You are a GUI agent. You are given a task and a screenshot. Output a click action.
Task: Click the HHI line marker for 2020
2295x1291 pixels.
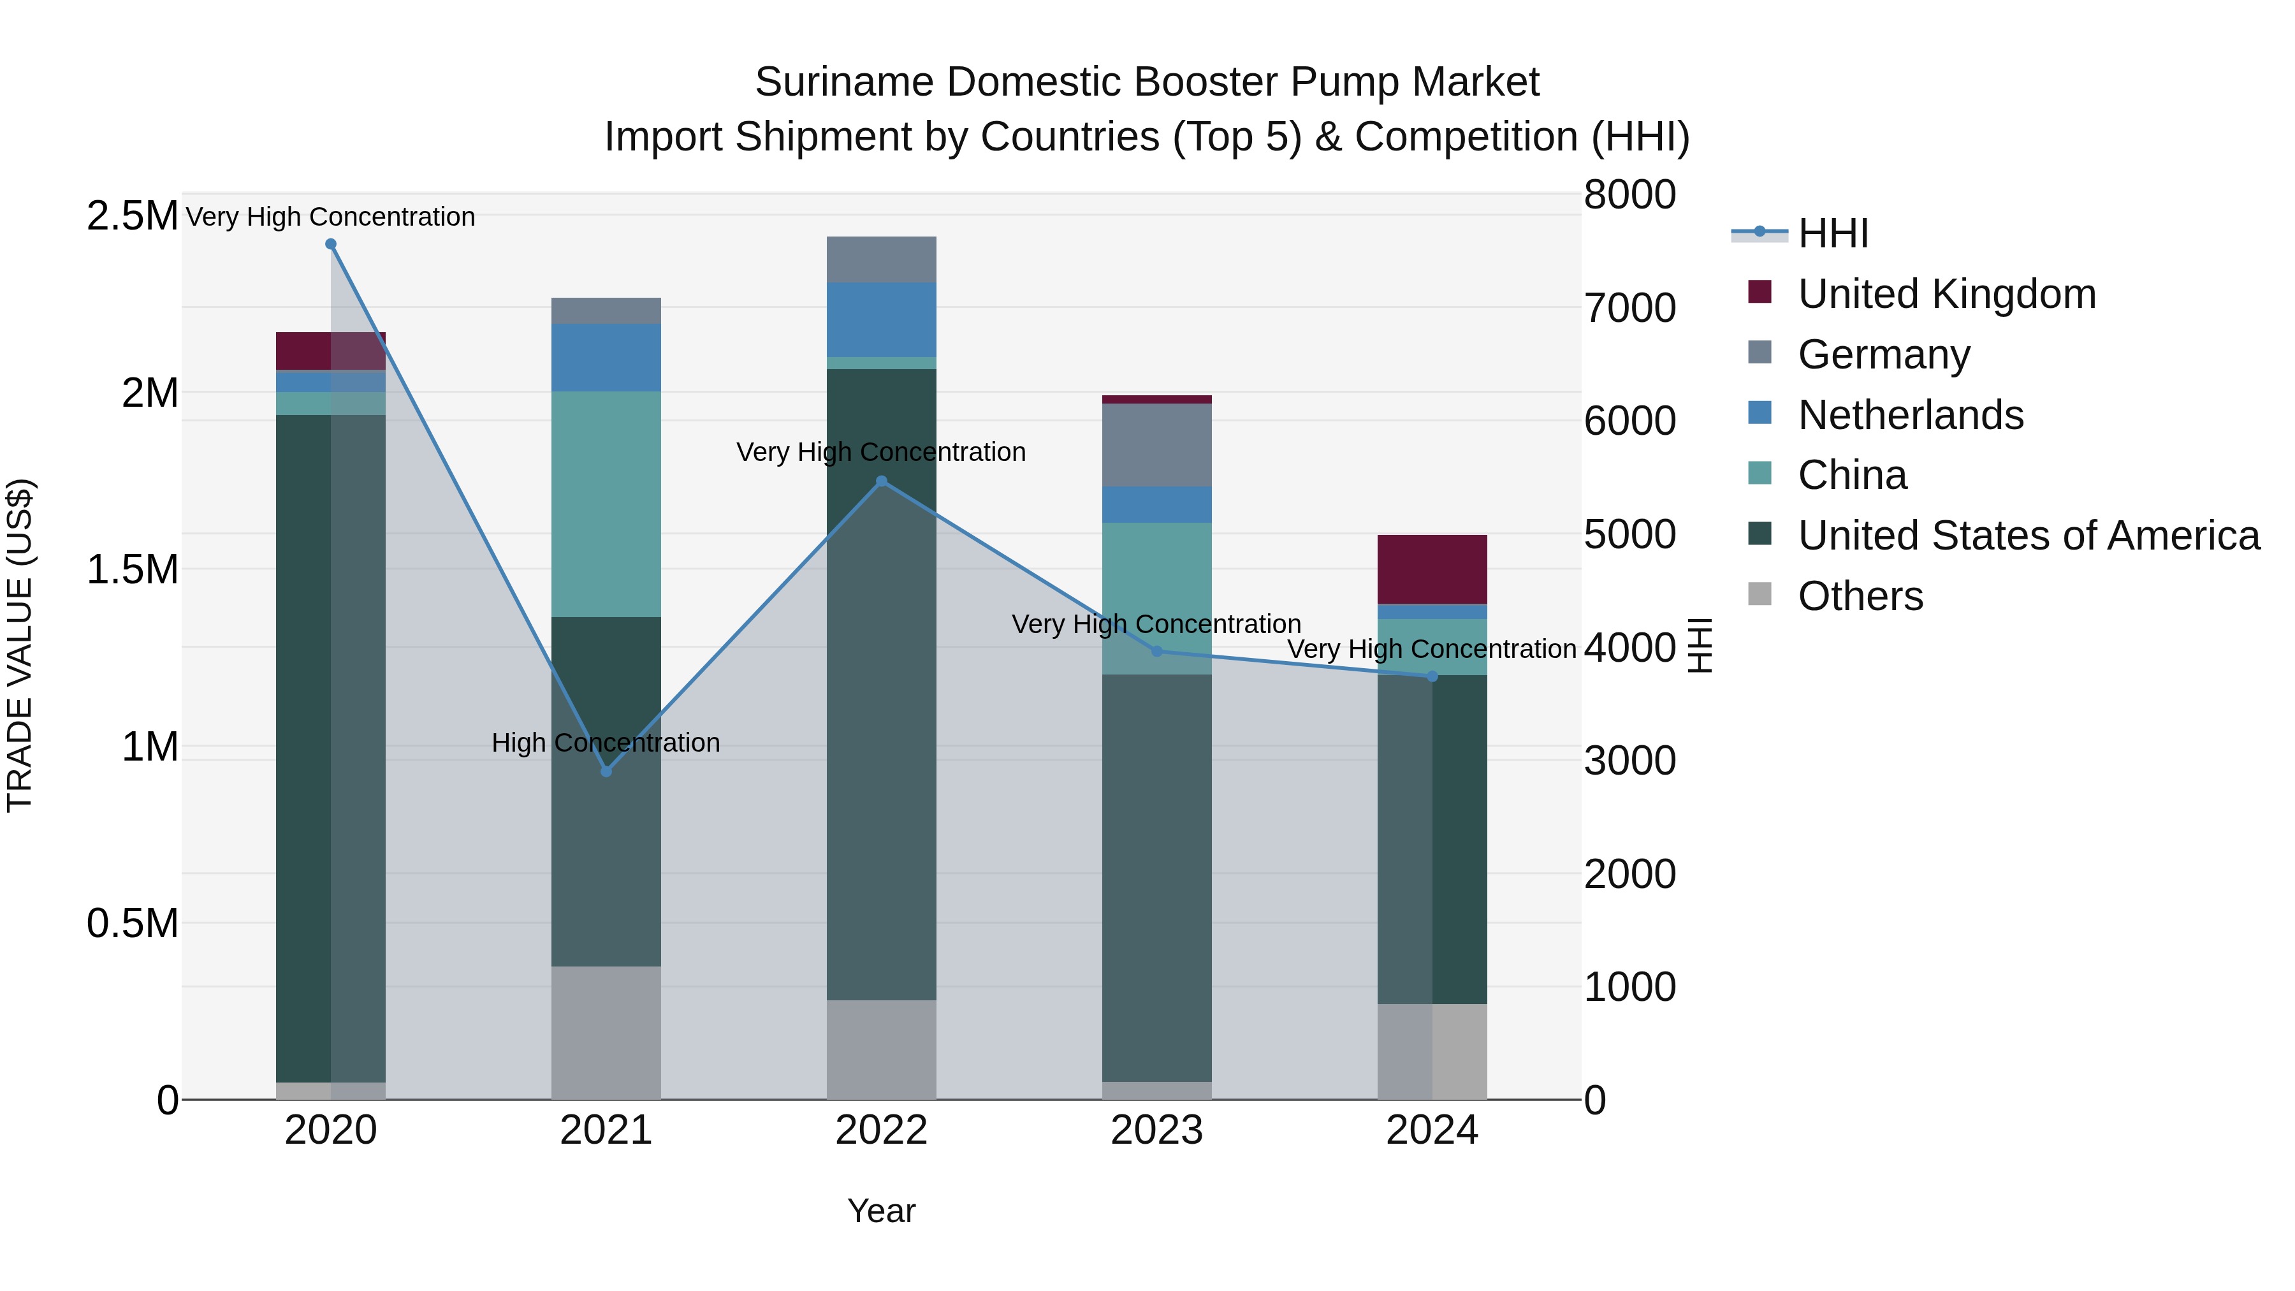pyautogui.click(x=330, y=244)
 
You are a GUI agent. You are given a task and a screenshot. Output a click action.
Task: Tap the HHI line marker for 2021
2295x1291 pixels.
pyautogui.click(x=606, y=771)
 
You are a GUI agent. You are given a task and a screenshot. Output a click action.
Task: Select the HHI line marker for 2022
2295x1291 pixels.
pyautogui.click(x=881, y=481)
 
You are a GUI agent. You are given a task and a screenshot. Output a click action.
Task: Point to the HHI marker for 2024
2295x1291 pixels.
pyautogui.click(x=1432, y=676)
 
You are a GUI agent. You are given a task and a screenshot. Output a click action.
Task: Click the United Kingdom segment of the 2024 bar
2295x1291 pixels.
pyautogui.click(x=1432, y=569)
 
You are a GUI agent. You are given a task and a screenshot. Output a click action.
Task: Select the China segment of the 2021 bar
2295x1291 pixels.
pyautogui.click(x=606, y=504)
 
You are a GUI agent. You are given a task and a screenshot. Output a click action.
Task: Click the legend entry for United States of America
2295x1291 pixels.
pyautogui.click(x=2028, y=536)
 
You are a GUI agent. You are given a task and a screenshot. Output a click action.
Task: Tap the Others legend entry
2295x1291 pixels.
pyautogui.click(x=1860, y=596)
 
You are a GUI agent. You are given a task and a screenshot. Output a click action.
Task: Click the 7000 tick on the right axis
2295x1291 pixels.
pyautogui.click(x=1629, y=309)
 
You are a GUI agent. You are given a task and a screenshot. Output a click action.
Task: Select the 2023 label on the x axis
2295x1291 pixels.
pyautogui.click(x=1156, y=1130)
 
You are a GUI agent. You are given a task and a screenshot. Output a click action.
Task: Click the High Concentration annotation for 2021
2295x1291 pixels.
pyautogui.click(x=606, y=742)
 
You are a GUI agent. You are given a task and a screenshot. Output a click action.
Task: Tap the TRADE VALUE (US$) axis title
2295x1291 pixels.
pyautogui.click(x=20, y=645)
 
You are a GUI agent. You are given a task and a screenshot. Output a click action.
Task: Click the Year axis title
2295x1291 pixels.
pyautogui.click(x=881, y=1211)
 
